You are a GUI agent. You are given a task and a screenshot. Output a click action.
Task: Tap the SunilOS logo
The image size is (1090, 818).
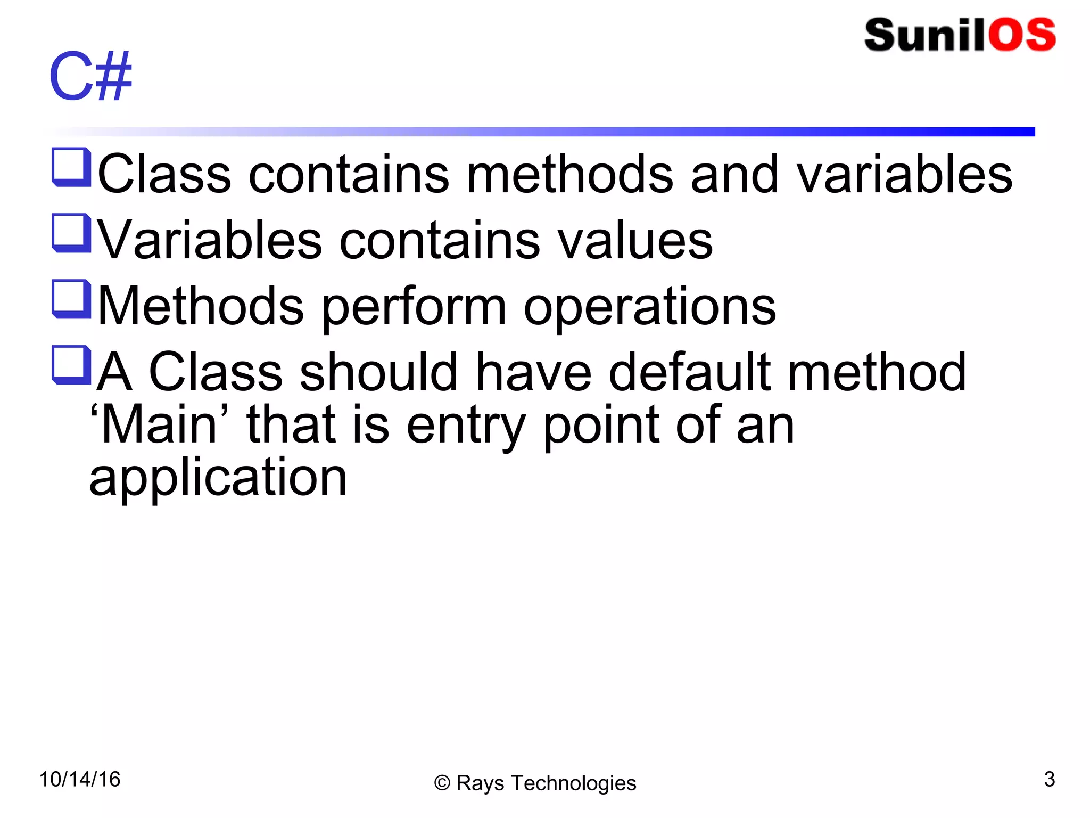[960, 35]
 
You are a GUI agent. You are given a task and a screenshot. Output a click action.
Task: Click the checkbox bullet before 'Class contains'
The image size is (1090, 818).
[71, 167]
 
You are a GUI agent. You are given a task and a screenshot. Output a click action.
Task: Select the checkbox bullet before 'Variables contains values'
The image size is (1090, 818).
[71, 233]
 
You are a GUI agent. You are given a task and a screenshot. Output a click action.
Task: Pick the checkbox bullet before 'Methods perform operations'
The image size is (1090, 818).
[71, 299]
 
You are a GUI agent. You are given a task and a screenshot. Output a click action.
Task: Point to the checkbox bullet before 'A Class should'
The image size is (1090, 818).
[71, 365]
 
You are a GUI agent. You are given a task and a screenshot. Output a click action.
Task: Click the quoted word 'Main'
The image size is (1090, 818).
[160, 424]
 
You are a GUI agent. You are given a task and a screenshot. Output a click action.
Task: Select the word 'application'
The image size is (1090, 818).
[218, 478]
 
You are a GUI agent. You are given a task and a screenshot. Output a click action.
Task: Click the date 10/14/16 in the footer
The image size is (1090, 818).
[80, 779]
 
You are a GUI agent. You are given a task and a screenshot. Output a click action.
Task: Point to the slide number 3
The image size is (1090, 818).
[1049, 779]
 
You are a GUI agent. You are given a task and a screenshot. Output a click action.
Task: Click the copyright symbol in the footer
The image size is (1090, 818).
[442, 783]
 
